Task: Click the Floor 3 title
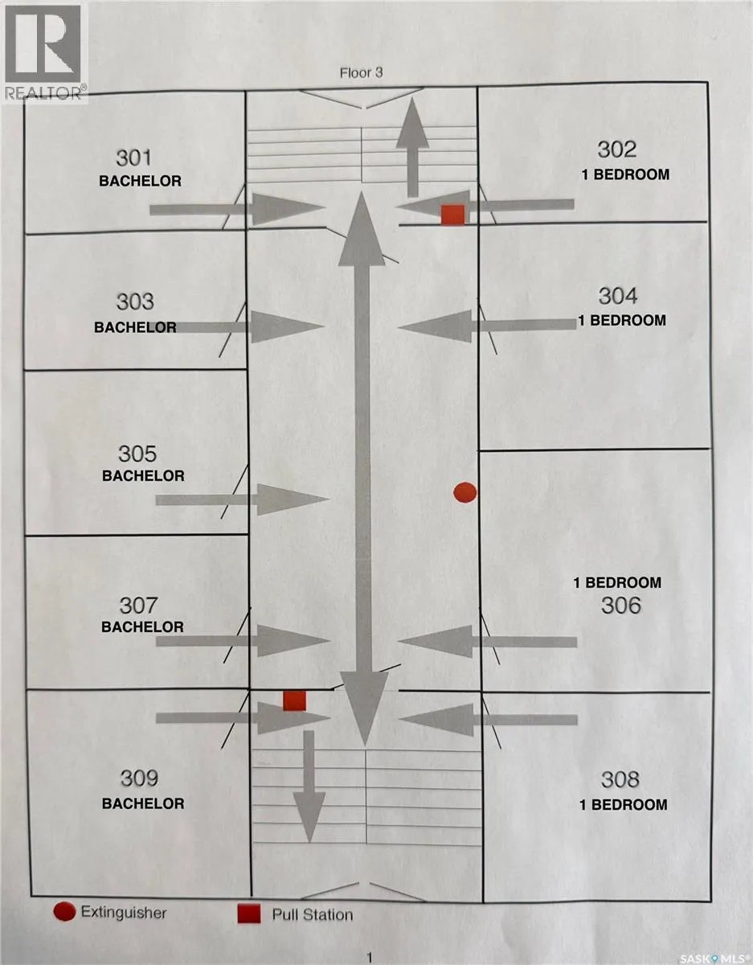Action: tap(361, 73)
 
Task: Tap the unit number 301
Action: tap(133, 158)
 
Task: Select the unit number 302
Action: tap(616, 150)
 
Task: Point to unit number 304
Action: tap(618, 296)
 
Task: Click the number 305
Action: tap(137, 454)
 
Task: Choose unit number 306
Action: tap(620, 606)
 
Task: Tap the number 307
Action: tap(138, 606)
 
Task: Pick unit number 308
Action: tap(620, 779)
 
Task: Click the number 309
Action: tap(139, 778)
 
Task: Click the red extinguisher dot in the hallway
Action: tap(465, 492)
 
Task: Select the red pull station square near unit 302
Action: tap(452, 215)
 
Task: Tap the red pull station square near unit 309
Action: tap(295, 700)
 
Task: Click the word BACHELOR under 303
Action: tap(135, 327)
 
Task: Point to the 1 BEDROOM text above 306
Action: tap(617, 583)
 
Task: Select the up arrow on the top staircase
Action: tap(412, 147)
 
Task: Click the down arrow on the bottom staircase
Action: tap(309, 786)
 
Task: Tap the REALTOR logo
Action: tap(43, 52)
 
